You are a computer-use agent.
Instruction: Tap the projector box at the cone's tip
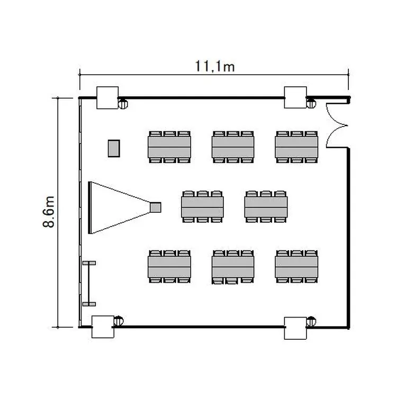[155, 207]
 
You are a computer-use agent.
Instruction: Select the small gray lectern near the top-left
[114, 148]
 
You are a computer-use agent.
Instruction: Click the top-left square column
[106, 97]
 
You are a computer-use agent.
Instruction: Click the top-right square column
[295, 97]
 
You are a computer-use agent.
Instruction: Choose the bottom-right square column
[295, 328]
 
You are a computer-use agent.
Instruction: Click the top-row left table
[169, 147]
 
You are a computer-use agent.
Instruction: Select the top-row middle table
[233, 147]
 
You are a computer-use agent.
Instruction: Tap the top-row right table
[296, 147]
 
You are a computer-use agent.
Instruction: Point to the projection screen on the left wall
[91, 207]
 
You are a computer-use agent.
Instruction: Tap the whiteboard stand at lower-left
[88, 283]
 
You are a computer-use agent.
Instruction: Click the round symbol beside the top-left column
[123, 104]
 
